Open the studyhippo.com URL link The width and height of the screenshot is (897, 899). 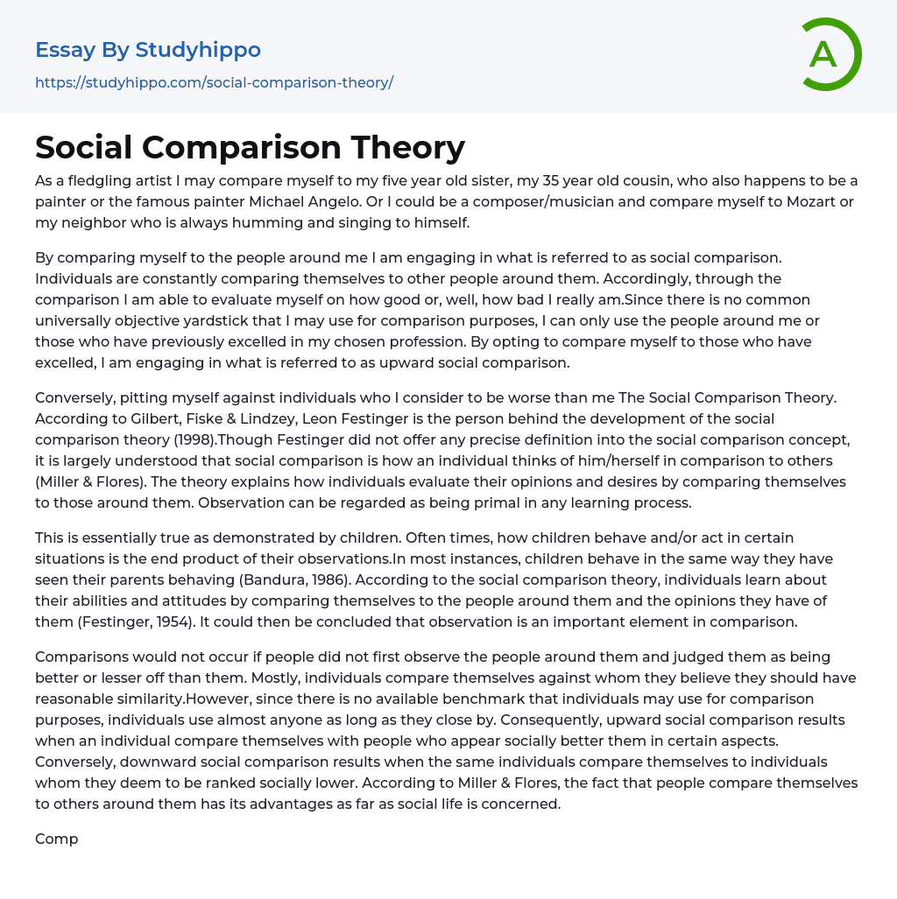tap(214, 82)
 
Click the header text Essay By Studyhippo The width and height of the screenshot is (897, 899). tap(148, 50)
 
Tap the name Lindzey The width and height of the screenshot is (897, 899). tap(268, 418)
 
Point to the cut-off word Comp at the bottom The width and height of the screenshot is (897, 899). tap(56, 839)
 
